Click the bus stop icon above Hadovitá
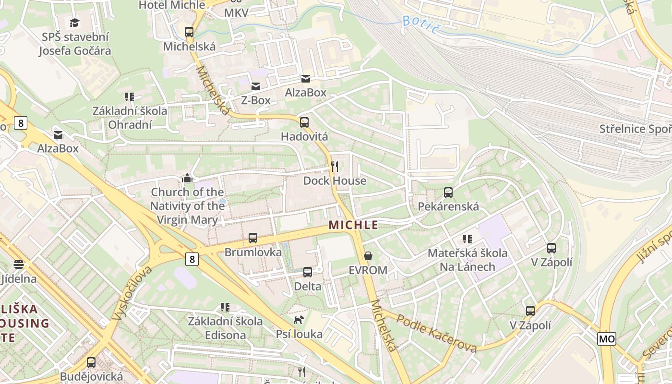click(x=304, y=122)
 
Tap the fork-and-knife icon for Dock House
click(x=335, y=167)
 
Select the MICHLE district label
click(x=353, y=225)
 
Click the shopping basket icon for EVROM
click(x=368, y=256)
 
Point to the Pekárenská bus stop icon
click(x=448, y=192)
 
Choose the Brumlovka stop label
click(x=253, y=252)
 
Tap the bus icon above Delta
click(x=308, y=272)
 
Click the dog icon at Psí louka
click(x=299, y=320)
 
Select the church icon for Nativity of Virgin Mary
click(x=187, y=179)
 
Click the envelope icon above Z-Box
click(x=256, y=86)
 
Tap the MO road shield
click(x=607, y=339)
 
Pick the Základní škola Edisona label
click(x=225, y=328)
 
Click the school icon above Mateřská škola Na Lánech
click(x=468, y=239)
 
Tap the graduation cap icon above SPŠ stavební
click(x=74, y=23)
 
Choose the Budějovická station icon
click(x=91, y=362)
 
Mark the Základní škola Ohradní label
click(x=130, y=118)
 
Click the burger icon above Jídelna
click(x=19, y=264)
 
